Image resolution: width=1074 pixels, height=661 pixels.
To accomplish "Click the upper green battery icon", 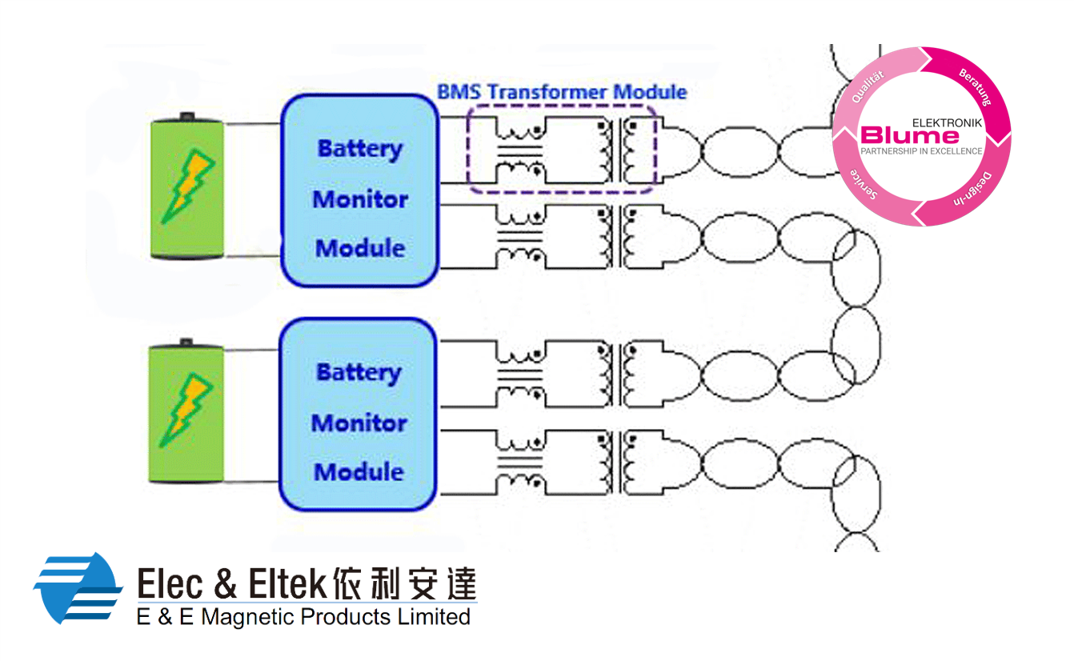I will point(187,188).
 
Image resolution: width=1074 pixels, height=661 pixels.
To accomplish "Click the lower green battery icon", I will point(187,412).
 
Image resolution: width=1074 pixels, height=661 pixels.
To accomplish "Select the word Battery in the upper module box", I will point(359,150).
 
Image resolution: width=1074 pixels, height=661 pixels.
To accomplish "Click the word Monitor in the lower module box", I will point(359,423).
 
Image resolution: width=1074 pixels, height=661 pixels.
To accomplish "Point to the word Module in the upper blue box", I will point(359,248).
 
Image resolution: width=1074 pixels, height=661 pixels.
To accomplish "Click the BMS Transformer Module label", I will point(562,92).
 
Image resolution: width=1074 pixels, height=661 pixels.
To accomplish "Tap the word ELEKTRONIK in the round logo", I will point(947,123).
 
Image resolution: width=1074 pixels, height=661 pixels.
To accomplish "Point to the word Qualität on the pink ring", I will point(868,87).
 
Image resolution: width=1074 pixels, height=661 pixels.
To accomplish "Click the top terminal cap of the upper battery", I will point(187,116).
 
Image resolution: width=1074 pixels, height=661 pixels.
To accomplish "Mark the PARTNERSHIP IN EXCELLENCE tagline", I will point(920,151).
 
